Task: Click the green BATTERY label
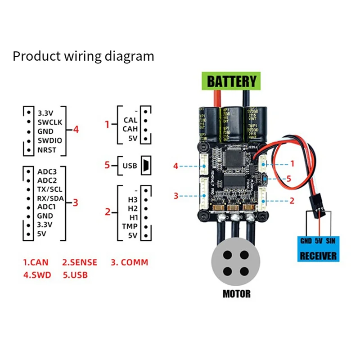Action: pyautogui.click(x=231, y=81)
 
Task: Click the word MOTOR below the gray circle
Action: pyautogui.click(x=236, y=294)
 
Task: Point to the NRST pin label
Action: pyautogui.click(x=48, y=150)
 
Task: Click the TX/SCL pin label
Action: pyautogui.click(x=50, y=189)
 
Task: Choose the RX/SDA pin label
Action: pyautogui.click(x=51, y=198)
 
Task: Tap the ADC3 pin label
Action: pyautogui.click(x=48, y=171)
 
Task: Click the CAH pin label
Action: pyautogui.click(x=130, y=129)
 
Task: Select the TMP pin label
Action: pyautogui.click(x=130, y=226)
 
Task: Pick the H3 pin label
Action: pyautogui.click(x=133, y=199)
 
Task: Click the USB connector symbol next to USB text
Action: pyautogui.click(x=145, y=165)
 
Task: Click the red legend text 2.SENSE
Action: pyautogui.click(x=80, y=262)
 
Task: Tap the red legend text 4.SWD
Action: pyautogui.click(x=37, y=274)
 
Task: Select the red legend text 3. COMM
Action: pyautogui.click(x=129, y=262)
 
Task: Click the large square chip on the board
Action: pyautogui.click(x=236, y=158)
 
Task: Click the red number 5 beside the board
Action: pyautogui.click(x=289, y=179)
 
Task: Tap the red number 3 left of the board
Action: pyautogui.click(x=176, y=196)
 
